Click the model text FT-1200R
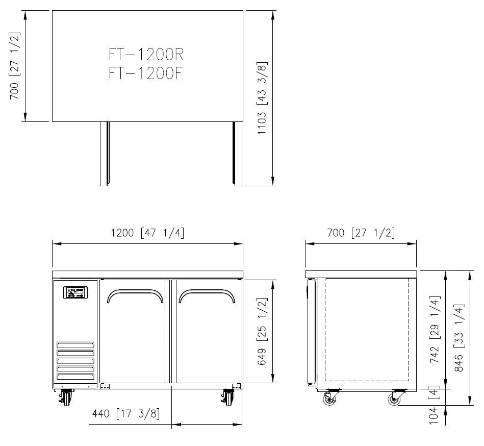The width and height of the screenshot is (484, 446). point(146,54)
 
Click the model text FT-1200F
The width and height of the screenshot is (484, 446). point(146,73)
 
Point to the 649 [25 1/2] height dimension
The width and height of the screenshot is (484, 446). point(262,331)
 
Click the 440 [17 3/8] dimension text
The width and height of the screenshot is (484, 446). point(125,413)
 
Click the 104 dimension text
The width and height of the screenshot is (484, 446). point(434,416)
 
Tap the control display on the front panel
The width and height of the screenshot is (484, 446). point(75,293)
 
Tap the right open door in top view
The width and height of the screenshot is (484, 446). point(237,153)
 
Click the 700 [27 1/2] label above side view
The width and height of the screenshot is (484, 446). point(361,233)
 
